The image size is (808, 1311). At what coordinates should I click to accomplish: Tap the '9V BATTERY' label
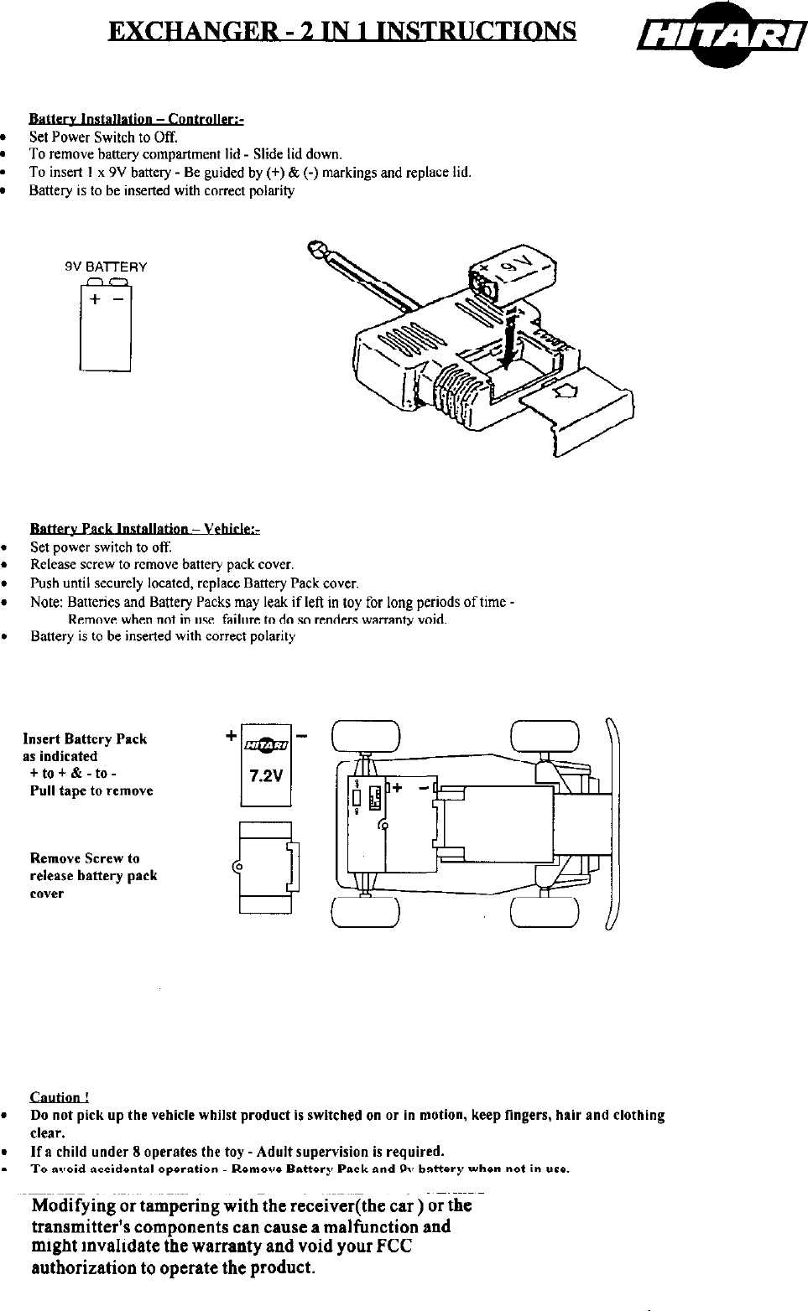coord(106,267)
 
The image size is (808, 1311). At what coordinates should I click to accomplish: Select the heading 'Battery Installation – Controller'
coord(136,119)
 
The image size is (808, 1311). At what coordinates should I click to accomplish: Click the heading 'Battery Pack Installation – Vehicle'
coord(145,529)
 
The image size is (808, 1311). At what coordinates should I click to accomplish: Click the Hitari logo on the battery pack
coord(265,744)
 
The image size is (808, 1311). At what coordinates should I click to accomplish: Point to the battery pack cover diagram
coord(265,867)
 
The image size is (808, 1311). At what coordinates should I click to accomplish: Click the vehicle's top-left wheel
coord(365,738)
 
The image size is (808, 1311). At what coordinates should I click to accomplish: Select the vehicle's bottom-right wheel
coord(545,912)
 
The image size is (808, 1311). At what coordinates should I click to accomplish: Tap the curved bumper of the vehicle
coord(613,826)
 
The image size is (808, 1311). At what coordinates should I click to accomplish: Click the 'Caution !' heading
coord(60,1097)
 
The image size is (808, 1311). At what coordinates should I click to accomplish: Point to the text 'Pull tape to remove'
coord(91,790)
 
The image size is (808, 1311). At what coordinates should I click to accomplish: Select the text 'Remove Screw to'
coord(85,858)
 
